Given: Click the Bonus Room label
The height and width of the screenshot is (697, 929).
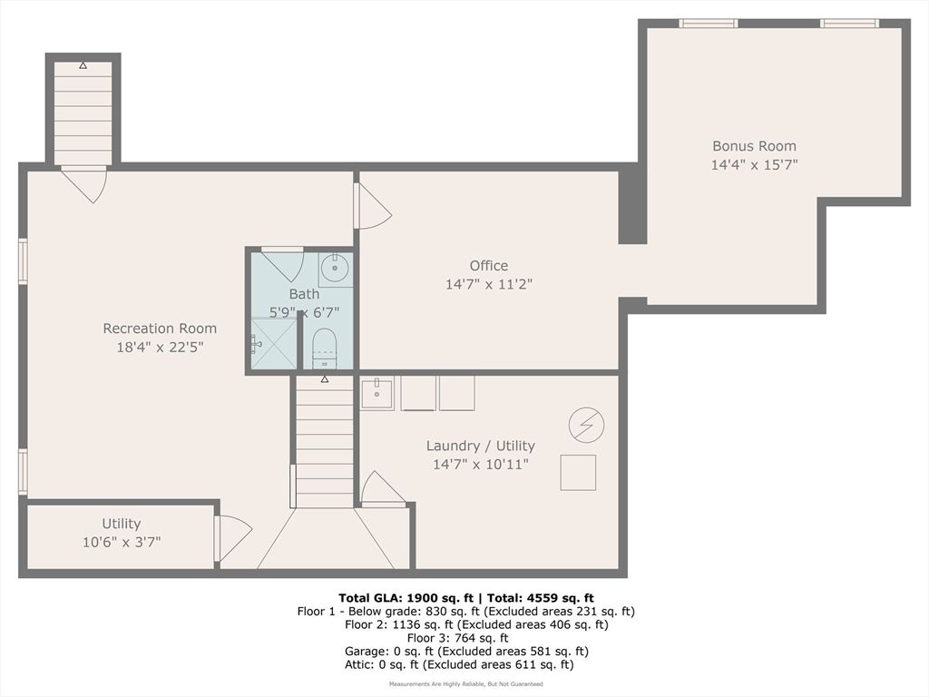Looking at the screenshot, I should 754,145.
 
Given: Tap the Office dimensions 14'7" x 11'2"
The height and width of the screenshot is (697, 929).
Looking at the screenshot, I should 488,284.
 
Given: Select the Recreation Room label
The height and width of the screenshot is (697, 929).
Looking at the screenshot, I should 160,329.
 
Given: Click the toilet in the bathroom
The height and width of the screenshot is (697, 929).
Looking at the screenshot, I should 324,348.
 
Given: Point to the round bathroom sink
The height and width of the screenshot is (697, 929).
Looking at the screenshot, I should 335,268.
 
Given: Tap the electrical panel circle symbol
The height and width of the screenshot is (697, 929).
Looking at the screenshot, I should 585,424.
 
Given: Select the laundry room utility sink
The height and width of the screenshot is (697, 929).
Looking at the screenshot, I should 376,394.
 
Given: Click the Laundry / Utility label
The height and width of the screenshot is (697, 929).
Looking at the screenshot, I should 480,446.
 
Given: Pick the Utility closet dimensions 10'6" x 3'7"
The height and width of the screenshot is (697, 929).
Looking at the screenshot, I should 122,542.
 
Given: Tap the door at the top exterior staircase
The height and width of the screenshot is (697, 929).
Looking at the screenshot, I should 84,183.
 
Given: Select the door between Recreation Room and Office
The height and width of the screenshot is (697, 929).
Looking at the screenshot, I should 371,207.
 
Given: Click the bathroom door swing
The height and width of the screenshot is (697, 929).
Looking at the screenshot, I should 283,263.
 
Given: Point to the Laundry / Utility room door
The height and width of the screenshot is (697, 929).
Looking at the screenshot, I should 382,489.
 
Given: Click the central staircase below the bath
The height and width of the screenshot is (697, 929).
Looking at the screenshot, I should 324,442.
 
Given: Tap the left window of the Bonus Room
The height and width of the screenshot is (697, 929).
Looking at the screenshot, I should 708,24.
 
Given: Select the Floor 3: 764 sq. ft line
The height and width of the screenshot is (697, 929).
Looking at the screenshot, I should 465,638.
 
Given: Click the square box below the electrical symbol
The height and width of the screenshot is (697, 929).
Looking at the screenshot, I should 578,472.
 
